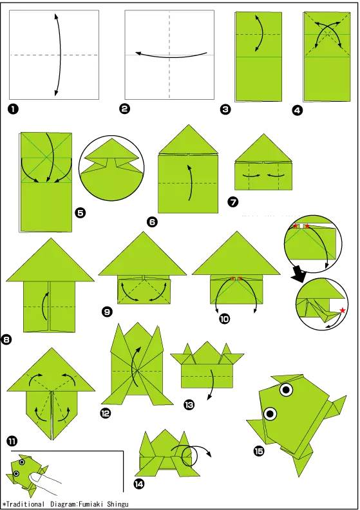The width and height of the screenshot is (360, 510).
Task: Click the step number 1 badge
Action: tap(13, 109)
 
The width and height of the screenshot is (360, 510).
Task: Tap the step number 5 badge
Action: tap(81, 213)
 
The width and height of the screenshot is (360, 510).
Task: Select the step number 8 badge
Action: tap(6, 339)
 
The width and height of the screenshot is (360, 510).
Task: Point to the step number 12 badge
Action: tap(106, 413)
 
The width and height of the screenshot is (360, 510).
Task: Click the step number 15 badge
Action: tap(259, 451)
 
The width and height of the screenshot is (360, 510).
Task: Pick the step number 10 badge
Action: tap(224, 319)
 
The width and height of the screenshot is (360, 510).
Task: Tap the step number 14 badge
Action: tap(138, 484)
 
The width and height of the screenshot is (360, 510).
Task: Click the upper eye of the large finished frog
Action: tap(286, 389)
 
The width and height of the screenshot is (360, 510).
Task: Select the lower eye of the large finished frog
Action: tap(270, 413)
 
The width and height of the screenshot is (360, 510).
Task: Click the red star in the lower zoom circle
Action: tap(343, 310)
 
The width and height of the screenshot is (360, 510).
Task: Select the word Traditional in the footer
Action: tap(25, 504)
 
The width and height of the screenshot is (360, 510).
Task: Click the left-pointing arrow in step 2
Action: tap(171, 57)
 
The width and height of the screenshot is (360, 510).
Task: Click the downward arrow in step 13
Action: tap(212, 384)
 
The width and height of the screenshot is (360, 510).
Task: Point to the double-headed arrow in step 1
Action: tap(59, 55)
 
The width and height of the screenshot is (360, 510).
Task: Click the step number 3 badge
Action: tap(225, 109)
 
